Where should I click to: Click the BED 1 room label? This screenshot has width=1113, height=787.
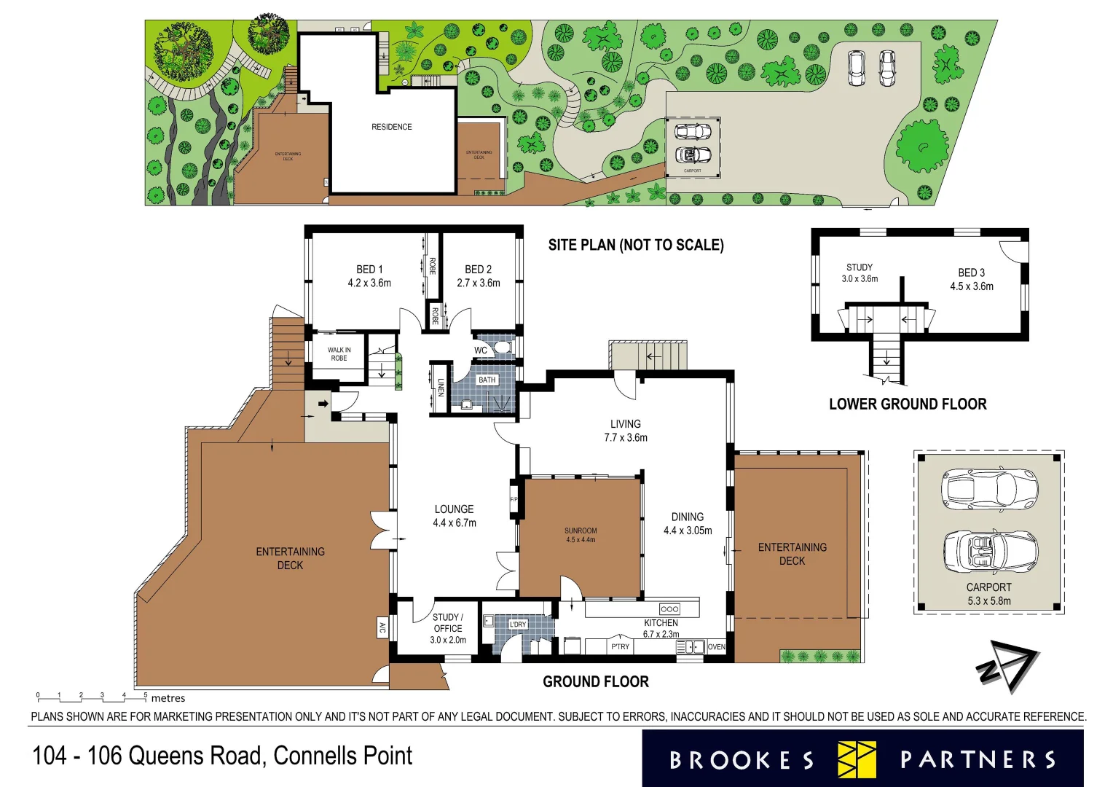[x=369, y=269]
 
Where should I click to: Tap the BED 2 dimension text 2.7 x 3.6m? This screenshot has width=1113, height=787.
[x=479, y=283]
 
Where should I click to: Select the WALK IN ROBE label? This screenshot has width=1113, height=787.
[x=339, y=354]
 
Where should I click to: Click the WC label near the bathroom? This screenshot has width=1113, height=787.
[x=481, y=351]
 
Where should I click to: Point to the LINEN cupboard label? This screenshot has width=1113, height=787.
[x=441, y=387]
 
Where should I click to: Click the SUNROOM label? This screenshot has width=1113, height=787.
[x=581, y=530]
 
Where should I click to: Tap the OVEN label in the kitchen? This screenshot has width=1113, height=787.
[x=717, y=647]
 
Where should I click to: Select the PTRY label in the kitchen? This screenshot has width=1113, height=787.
[x=621, y=647]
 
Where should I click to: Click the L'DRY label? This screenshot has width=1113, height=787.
[x=518, y=624]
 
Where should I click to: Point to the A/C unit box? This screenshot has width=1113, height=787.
[x=382, y=627]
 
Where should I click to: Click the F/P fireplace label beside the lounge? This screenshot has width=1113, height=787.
[x=514, y=500]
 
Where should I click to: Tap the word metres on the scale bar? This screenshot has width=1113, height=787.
[x=168, y=698]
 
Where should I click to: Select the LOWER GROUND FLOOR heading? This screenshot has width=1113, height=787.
[x=908, y=404]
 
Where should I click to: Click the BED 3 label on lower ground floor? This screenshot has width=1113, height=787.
[x=971, y=273]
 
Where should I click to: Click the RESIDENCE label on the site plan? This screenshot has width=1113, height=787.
[x=392, y=127]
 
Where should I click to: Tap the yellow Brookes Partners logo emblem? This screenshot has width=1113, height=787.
[x=857, y=760]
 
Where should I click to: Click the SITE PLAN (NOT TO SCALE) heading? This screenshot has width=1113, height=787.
[x=636, y=245]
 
